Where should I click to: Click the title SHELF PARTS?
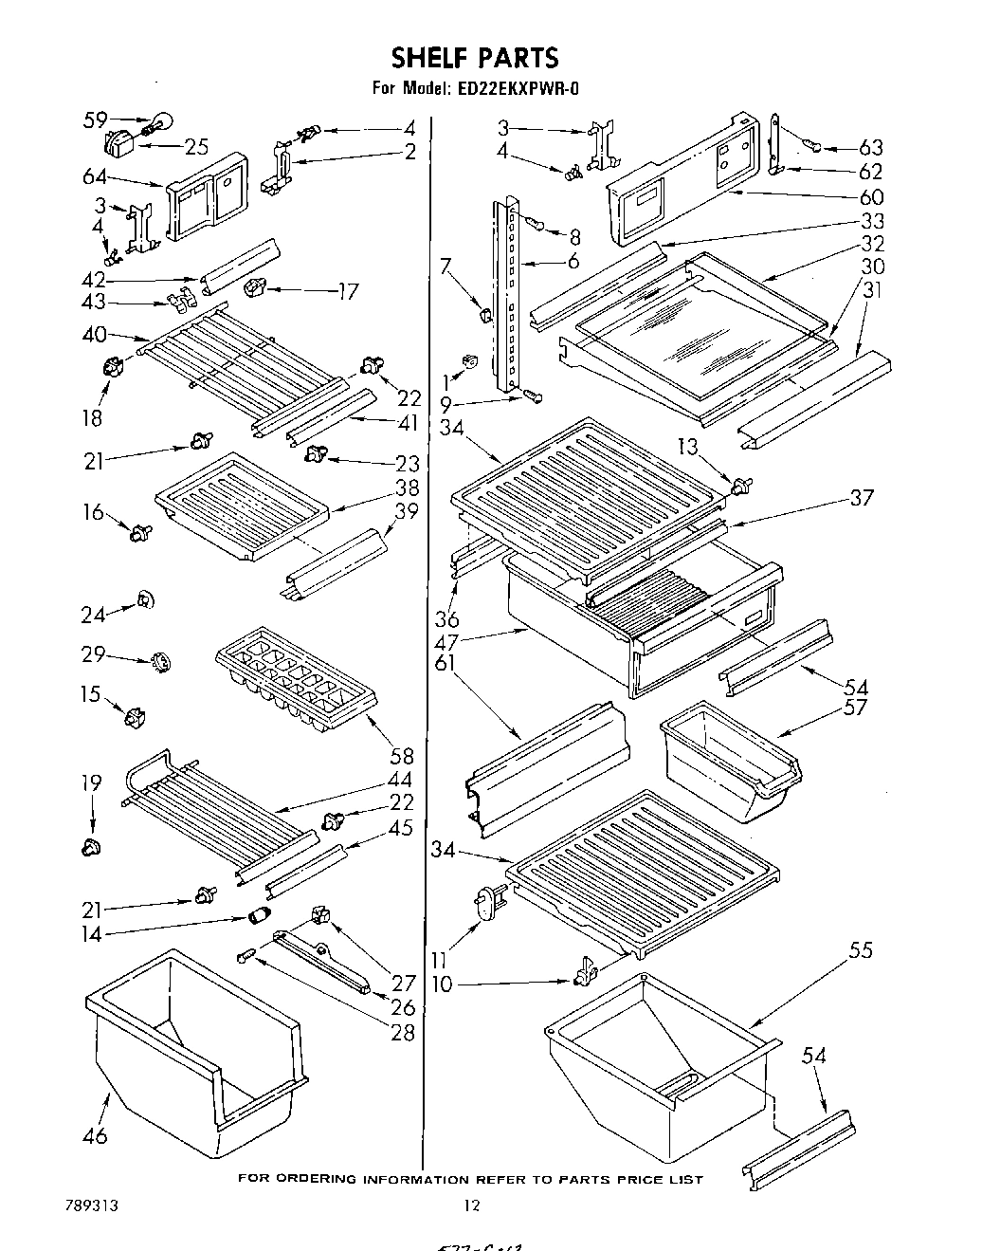475,58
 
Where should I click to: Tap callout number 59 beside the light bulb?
94,120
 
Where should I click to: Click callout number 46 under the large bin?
95,1134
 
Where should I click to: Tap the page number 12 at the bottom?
472,1205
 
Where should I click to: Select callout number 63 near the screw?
870,147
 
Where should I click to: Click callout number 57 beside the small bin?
854,708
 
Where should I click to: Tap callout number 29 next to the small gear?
93,655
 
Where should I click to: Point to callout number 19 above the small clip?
90,782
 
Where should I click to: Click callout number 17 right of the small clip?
347,292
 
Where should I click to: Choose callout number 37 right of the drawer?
862,497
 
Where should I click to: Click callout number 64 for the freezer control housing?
94,176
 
